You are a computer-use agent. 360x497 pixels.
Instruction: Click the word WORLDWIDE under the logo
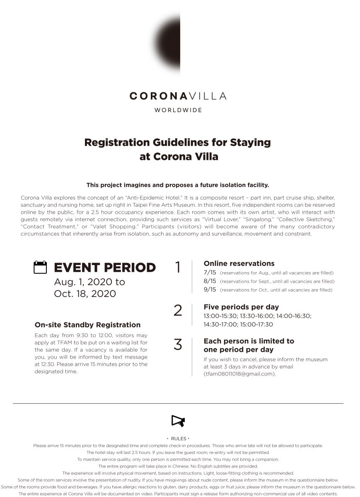click(178, 110)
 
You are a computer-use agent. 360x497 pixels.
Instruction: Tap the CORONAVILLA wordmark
click(178, 96)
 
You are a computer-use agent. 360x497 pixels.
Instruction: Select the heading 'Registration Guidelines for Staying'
click(177, 142)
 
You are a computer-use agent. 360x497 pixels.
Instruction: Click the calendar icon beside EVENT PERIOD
click(40, 267)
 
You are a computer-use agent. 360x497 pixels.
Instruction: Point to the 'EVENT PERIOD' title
click(105, 268)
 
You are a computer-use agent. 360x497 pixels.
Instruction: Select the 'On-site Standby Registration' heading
click(87, 325)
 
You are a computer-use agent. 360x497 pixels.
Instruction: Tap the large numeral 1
click(178, 268)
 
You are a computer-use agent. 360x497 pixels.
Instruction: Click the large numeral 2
click(178, 311)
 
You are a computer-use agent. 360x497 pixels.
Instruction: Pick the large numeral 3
click(178, 345)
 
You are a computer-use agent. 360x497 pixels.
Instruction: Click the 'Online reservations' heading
click(239, 263)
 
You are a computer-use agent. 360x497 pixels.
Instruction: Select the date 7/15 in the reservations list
click(210, 273)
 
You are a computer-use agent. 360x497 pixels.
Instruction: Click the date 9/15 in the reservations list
click(210, 290)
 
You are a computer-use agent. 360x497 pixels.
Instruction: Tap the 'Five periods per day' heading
click(241, 307)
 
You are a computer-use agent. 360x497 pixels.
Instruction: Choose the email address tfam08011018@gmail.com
click(239, 374)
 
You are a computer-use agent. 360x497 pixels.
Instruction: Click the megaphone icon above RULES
click(178, 421)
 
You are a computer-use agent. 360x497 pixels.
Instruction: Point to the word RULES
click(179, 438)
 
